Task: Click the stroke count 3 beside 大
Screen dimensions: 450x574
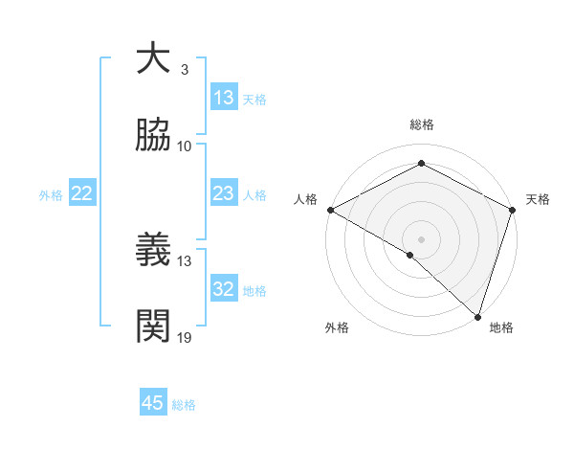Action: coord(185,70)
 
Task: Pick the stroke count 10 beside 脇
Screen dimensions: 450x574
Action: coord(185,146)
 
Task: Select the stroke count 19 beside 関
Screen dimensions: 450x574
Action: coord(185,337)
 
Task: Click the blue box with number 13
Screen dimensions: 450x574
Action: coord(224,98)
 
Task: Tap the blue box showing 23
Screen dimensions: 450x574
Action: coord(224,193)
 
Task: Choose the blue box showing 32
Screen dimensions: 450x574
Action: coord(224,289)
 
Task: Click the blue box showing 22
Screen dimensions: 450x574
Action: coord(82,193)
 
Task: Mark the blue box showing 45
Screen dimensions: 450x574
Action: coord(153,403)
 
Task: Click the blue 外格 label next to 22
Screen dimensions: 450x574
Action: coord(51,194)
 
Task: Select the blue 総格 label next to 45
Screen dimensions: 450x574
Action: coord(184,404)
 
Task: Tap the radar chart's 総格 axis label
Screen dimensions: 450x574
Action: coord(421,124)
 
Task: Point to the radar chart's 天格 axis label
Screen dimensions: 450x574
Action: coord(538,199)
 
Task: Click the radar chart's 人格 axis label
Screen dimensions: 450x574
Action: coord(305,199)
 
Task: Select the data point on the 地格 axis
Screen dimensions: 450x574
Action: coord(477,316)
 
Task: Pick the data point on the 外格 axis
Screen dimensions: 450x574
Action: coord(410,255)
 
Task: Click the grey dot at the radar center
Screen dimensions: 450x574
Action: coord(421,238)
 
